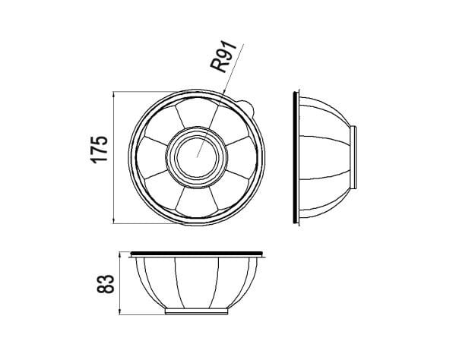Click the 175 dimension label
point(98,150)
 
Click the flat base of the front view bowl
point(198,311)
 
